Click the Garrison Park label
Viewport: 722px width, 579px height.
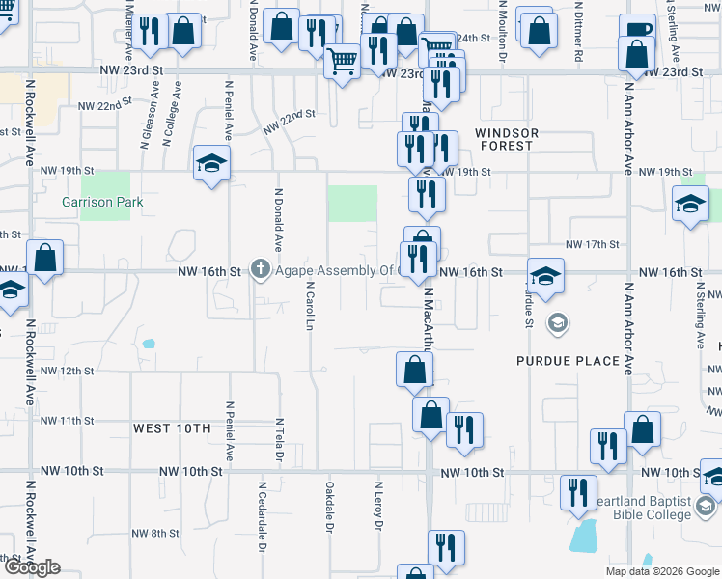pos(102,202)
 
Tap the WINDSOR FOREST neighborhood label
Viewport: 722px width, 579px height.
pos(505,139)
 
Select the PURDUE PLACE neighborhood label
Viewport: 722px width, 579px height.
pos(568,361)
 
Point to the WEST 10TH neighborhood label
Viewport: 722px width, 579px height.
pos(172,428)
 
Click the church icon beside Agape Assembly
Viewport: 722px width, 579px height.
pos(260,271)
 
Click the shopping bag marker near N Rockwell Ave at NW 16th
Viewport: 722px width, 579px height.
pos(44,257)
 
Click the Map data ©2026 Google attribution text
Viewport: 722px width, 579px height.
pos(662,571)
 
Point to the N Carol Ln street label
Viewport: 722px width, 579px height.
pos(310,307)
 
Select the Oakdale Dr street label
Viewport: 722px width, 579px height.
pos(329,508)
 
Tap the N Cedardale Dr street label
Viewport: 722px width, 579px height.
pos(261,515)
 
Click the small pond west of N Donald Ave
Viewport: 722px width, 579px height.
pos(148,343)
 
